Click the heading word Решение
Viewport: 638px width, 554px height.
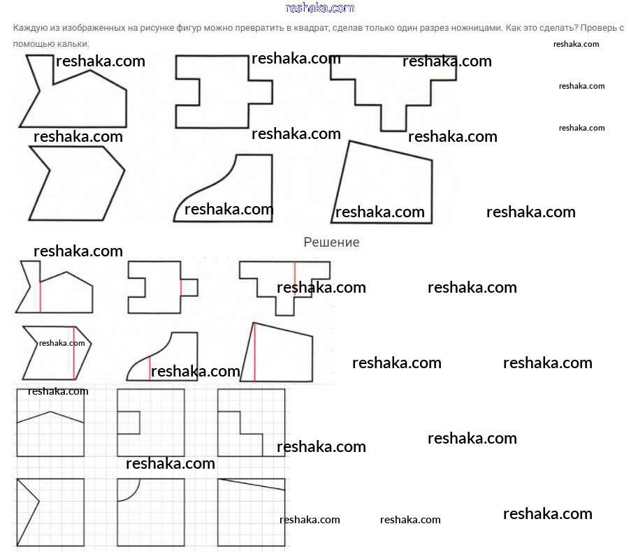[x=331, y=242]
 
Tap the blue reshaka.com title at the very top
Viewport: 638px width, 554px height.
[x=320, y=8]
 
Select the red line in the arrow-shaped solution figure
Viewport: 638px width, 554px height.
[x=73, y=353]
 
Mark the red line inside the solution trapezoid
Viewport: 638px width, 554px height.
[x=254, y=353]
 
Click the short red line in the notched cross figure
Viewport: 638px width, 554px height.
[x=181, y=287]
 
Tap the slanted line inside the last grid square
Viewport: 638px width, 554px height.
[x=252, y=484]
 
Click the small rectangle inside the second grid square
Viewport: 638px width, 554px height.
[x=129, y=422]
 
